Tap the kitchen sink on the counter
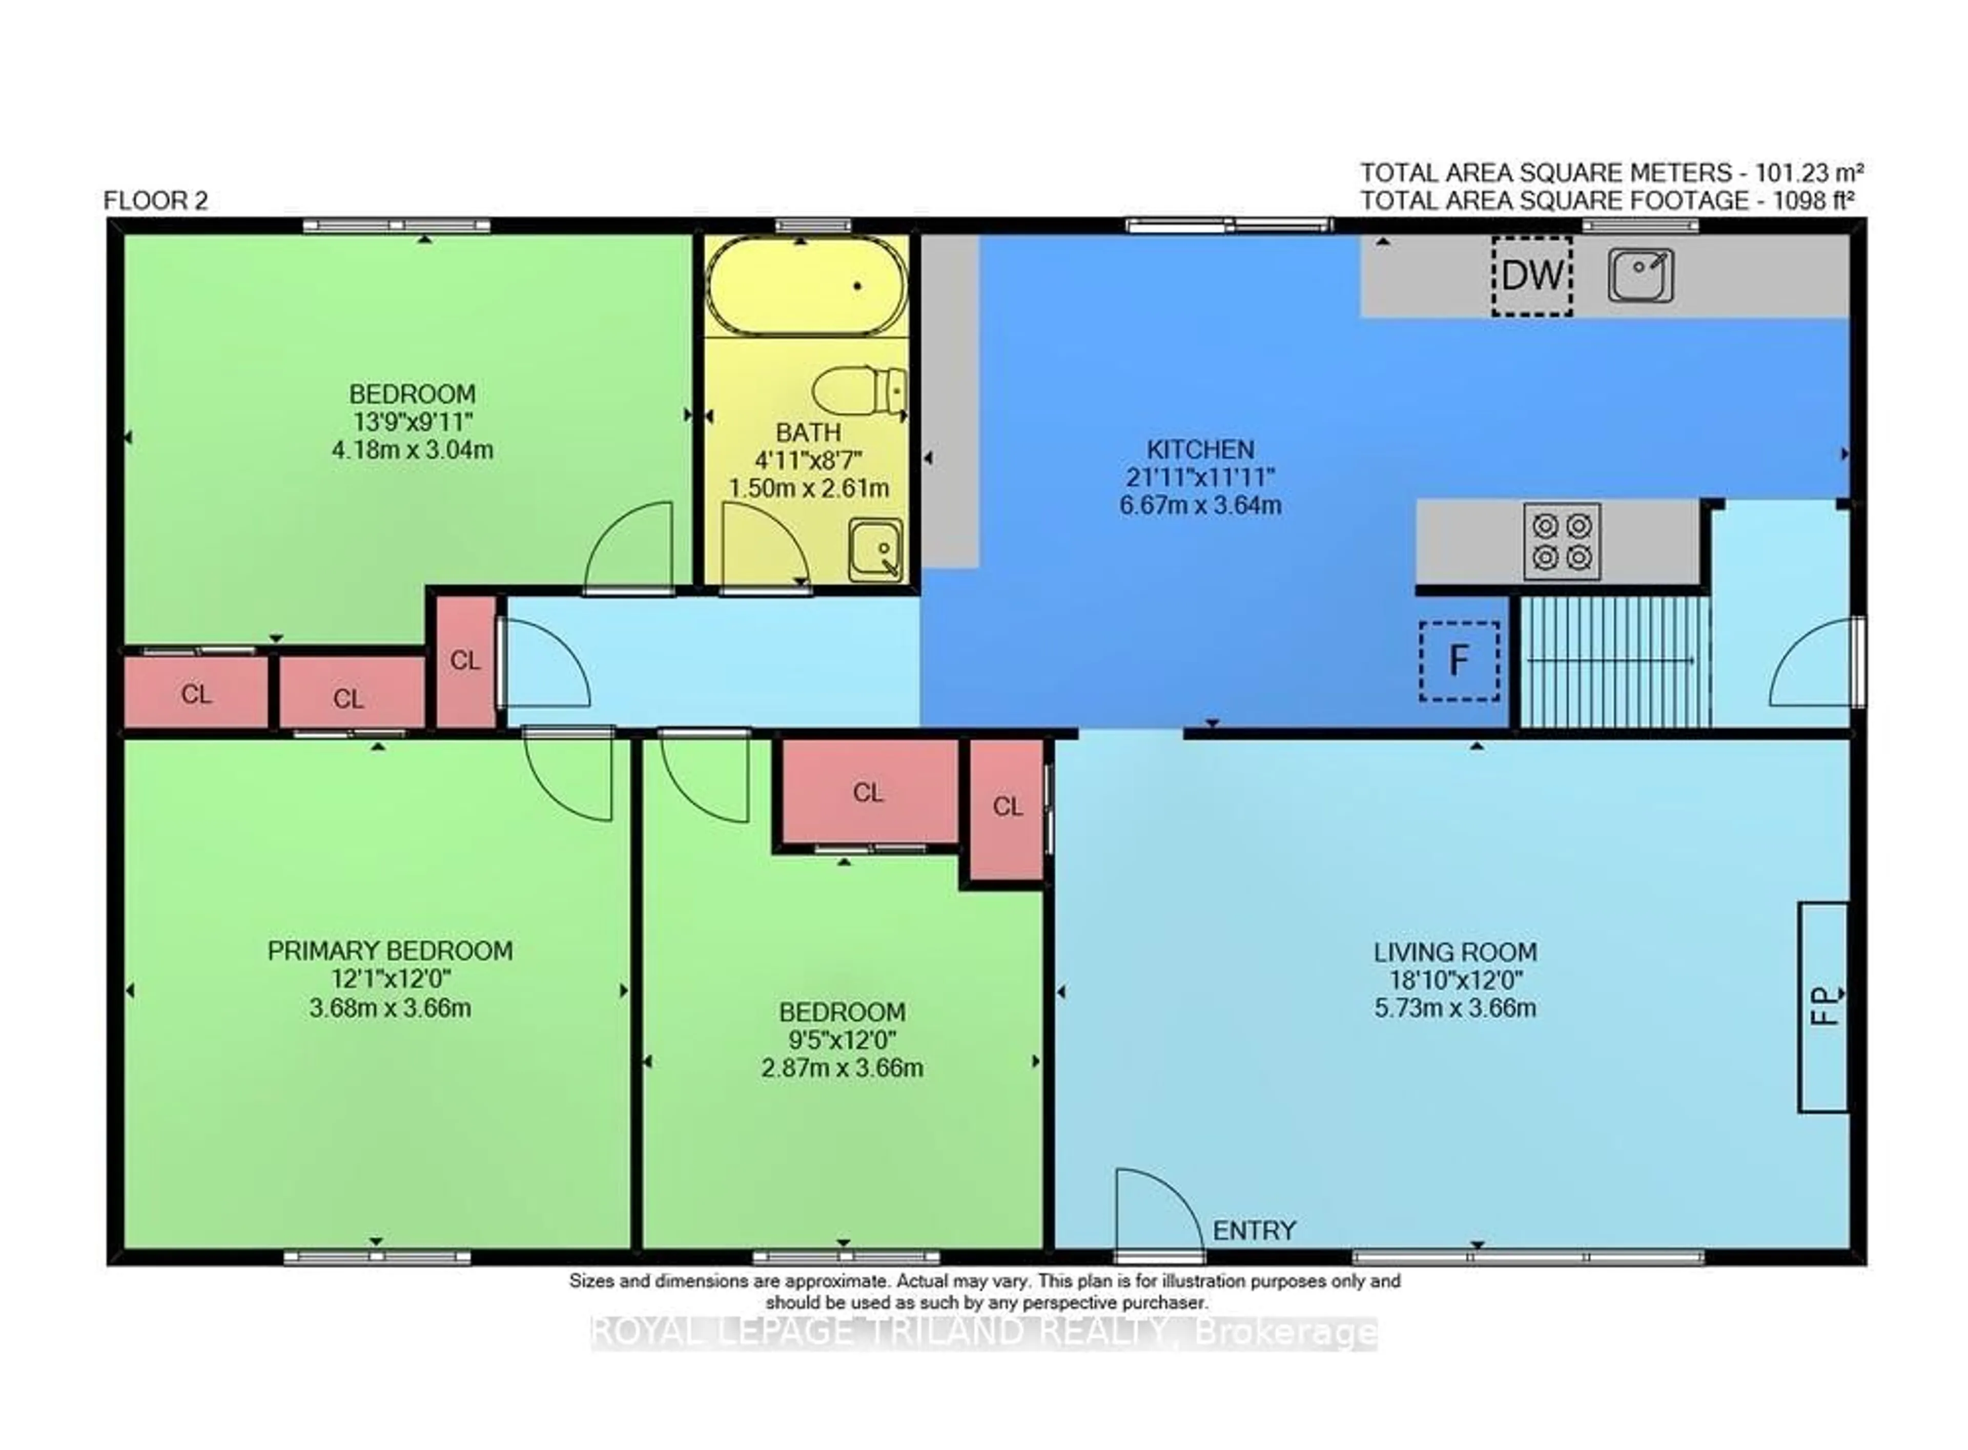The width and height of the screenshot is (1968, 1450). pyautogui.click(x=1639, y=275)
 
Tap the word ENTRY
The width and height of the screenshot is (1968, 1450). pyautogui.click(x=1254, y=1231)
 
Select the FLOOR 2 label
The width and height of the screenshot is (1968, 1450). pyautogui.click(x=155, y=201)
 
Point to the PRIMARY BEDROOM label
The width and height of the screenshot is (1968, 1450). pyautogui.click(x=389, y=950)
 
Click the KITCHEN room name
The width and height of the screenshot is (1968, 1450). pyautogui.click(x=1199, y=449)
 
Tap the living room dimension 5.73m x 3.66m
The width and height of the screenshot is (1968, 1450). pyautogui.click(x=1454, y=1008)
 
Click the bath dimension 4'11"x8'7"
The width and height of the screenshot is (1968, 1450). pyautogui.click(x=808, y=460)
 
